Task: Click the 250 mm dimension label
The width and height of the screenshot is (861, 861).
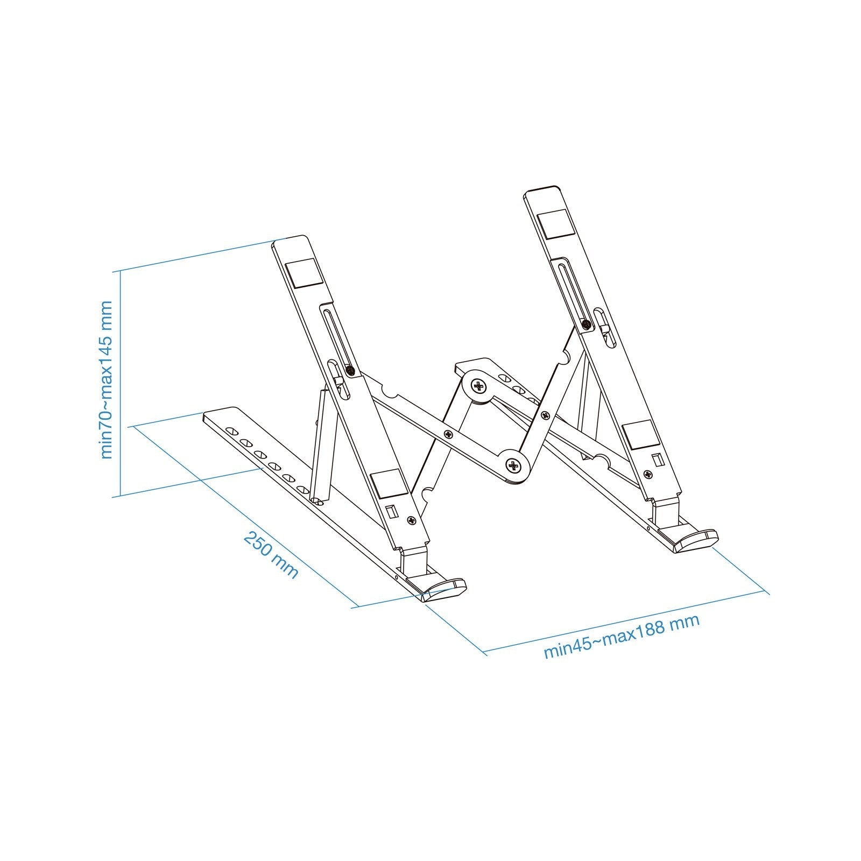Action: pyautogui.click(x=271, y=554)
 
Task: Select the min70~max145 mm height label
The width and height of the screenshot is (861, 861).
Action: pyautogui.click(x=107, y=379)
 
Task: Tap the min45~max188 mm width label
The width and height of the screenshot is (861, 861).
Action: pyautogui.click(x=622, y=636)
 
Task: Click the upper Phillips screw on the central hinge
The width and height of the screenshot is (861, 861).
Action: pyautogui.click(x=478, y=385)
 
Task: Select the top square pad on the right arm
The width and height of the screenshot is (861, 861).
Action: pyautogui.click(x=553, y=225)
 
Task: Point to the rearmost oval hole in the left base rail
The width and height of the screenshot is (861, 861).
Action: pyautogui.click(x=232, y=417)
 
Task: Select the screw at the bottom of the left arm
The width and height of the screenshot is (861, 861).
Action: pyautogui.click(x=412, y=520)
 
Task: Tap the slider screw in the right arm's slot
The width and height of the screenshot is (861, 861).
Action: pyautogui.click(x=586, y=324)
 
